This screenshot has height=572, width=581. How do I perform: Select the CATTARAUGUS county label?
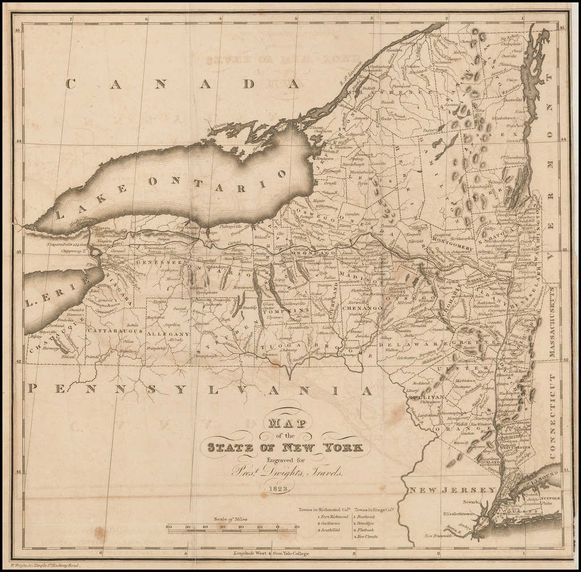point(113,330)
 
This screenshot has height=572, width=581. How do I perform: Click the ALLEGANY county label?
point(167,334)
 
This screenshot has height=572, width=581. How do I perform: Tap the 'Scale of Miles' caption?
point(230,519)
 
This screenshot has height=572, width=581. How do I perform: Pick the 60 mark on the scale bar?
point(169,527)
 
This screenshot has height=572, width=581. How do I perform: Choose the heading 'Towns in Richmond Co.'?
point(325,510)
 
